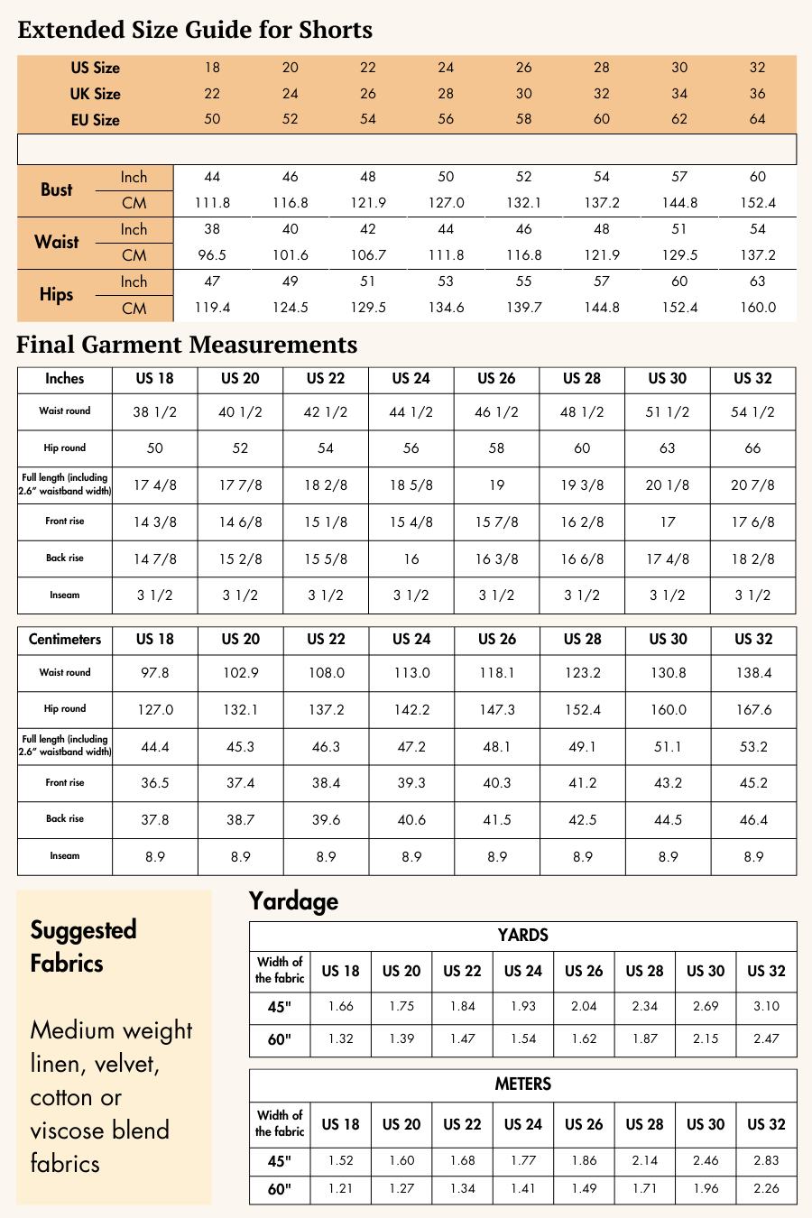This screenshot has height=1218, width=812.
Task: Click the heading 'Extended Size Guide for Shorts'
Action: click(195, 30)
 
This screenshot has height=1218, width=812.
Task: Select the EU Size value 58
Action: click(524, 119)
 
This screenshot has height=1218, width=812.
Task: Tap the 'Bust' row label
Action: click(56, 189)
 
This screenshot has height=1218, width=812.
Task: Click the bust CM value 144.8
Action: click(679, 203)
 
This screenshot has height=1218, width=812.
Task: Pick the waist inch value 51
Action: click(679, 229)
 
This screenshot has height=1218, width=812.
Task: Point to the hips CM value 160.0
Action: click(758, 308)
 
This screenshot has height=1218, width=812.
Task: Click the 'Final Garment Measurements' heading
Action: click(187, 345)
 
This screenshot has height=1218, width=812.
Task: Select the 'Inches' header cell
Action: click(65, 379)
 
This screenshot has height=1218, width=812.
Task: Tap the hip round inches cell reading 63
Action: click(668, 448)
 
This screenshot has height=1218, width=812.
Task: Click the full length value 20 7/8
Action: click(753, 485)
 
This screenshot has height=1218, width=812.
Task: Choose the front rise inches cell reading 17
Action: click(668, 522)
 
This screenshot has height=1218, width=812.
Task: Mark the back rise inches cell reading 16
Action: click(411, 559)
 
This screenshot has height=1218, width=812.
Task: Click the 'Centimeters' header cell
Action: click(65, 640)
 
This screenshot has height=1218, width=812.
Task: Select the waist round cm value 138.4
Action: click(753, 673)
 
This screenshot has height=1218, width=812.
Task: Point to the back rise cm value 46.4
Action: click(753, 820)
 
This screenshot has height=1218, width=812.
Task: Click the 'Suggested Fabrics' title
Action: click(83, 946)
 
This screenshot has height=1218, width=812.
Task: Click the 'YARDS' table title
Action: click(523, 936)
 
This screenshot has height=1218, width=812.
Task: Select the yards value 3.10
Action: click(766, 1006)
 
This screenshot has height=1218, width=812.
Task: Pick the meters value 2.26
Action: click(766, 1188)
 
